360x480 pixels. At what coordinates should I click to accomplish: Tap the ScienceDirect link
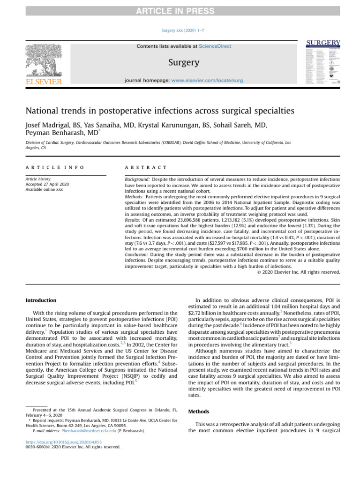coord(215,46)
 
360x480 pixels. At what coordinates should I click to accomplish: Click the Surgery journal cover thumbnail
coord(323,62)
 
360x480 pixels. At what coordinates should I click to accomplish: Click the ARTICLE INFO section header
coord(55,167)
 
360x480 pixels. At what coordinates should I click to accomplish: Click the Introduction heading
coord(40,300)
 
